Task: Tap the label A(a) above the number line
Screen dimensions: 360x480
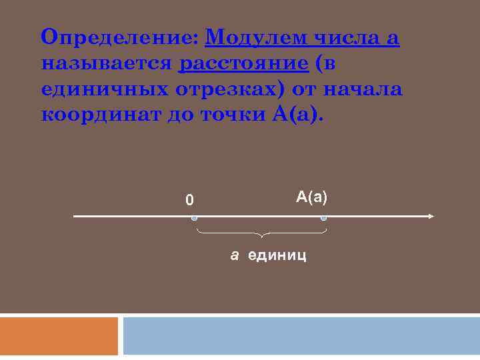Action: (x=313, y=197)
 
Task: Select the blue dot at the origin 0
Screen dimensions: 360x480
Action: (x=193, y=218)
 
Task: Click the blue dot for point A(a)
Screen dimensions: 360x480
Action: (x=324, y=218)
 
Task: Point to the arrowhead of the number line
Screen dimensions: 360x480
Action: (x=431, y=216)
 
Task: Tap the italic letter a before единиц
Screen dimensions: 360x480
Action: (x=235, y=255)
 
